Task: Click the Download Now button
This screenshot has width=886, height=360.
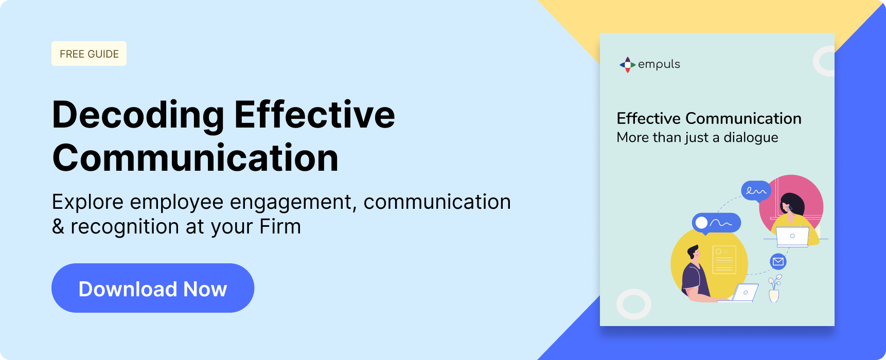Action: point(153,288)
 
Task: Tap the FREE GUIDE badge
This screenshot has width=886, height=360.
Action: point(89,53)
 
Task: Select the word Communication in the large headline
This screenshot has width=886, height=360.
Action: point(196,157)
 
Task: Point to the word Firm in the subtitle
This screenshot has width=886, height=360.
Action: point(280,226)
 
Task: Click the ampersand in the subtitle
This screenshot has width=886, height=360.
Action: point(58,226)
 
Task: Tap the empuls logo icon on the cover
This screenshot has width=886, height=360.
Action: point(627,64)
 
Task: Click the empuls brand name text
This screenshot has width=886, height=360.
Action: point(659,64)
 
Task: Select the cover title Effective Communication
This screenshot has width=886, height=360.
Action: point(709,118)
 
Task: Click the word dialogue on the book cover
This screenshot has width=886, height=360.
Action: point(751,138)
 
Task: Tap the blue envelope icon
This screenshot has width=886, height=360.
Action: point(778,262)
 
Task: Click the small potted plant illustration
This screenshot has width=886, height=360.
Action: point(774,289)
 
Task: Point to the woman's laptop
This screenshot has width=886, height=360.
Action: point(792,237)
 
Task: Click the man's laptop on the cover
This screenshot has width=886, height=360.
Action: point(745,293)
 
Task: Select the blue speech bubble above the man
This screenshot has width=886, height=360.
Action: point(716,223)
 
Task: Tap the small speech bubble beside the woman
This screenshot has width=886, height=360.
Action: point(756,191)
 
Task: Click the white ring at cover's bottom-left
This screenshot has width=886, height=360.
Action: point(634,304)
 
